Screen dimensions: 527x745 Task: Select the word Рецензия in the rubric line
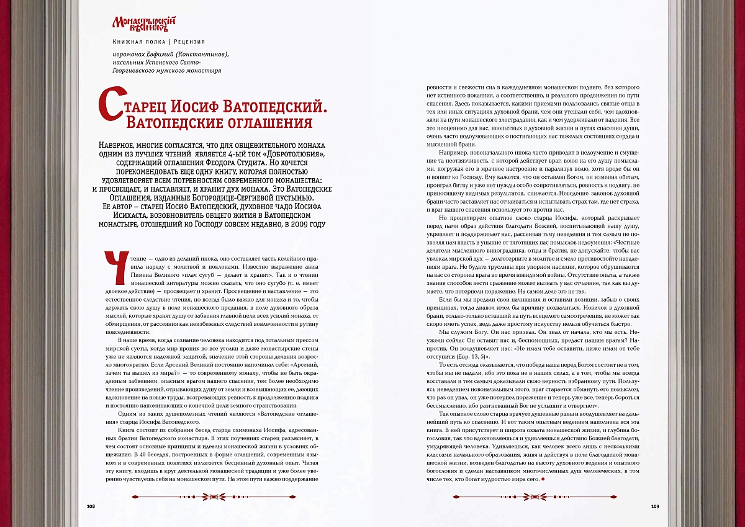pyautogui.click(x=189, y=42)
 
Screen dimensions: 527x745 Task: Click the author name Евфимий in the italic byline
pyautogui.click(x=161, y=54)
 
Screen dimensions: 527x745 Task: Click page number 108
pyautogui.click(x=90, y=506)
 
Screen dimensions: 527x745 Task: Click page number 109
pyautogui.click(x=655, y=506)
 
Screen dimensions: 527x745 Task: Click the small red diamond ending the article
pyautogui.click(x=543, y=479)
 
